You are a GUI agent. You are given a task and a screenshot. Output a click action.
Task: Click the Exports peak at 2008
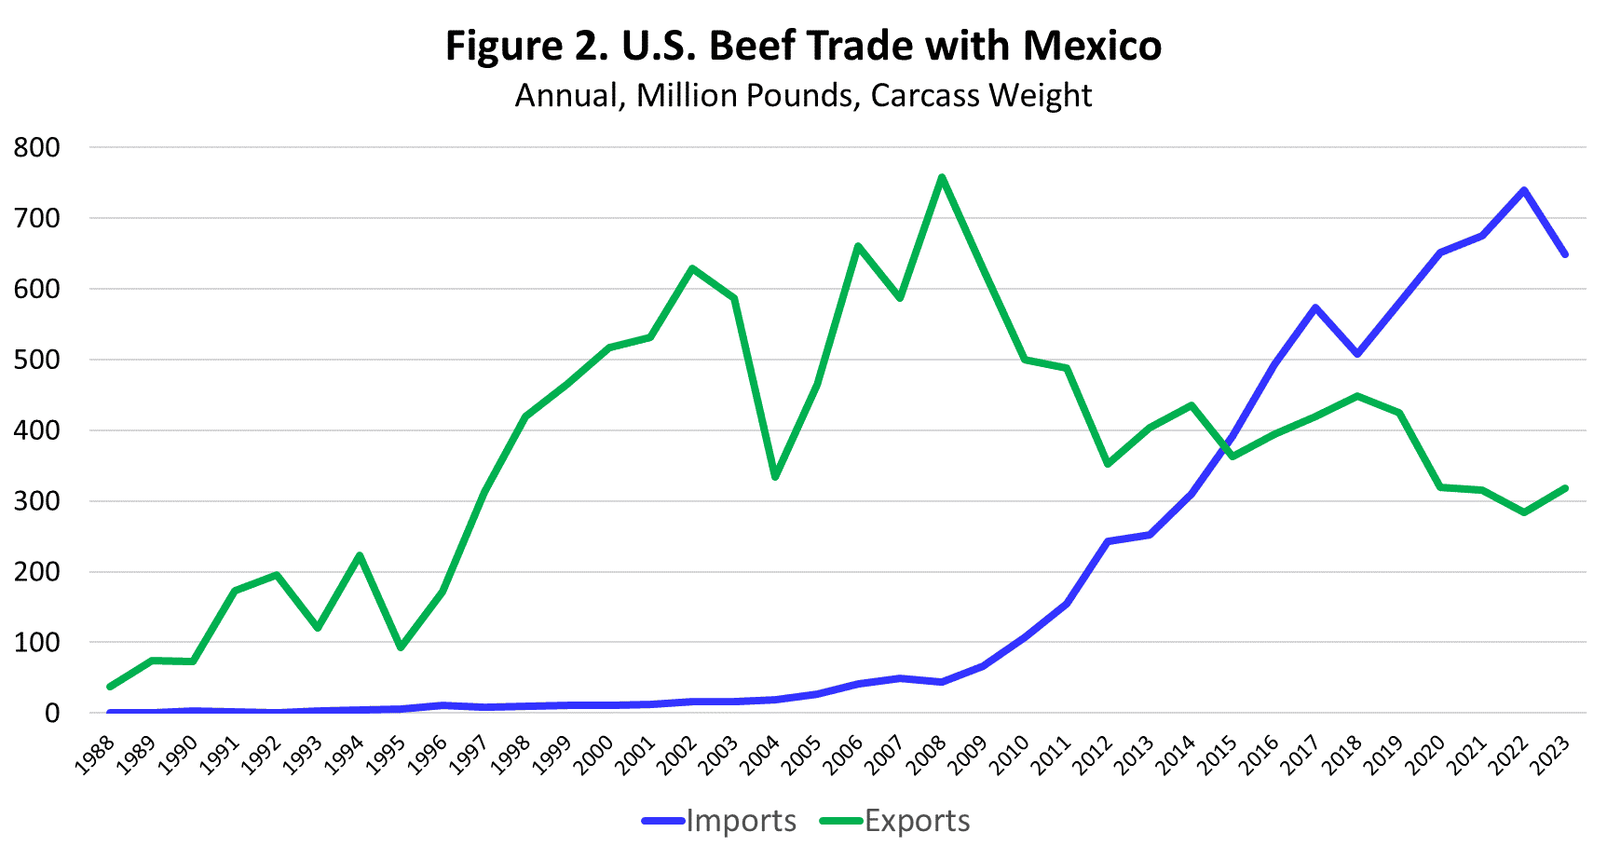point(942,177)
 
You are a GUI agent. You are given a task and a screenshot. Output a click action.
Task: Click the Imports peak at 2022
point(1524,190)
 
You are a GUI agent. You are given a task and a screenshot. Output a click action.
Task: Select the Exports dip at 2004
point(775,477)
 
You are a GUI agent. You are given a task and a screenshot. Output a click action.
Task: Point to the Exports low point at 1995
point(401,648)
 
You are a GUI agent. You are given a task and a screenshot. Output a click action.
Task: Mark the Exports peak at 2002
point(692,268)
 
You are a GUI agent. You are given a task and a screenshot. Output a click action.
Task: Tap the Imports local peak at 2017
point(1315,307)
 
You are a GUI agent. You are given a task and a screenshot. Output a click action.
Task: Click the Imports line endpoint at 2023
point(1565,254)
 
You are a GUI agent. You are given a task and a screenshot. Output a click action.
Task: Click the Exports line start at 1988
point(110,687)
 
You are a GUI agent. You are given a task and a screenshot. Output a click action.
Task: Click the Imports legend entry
point(740,821)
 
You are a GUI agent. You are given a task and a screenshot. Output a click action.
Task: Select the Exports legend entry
point(917,821)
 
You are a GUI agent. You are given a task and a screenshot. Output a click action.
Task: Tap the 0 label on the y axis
point(51,713)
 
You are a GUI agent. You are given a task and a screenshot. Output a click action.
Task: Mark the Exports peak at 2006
point(858,246)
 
